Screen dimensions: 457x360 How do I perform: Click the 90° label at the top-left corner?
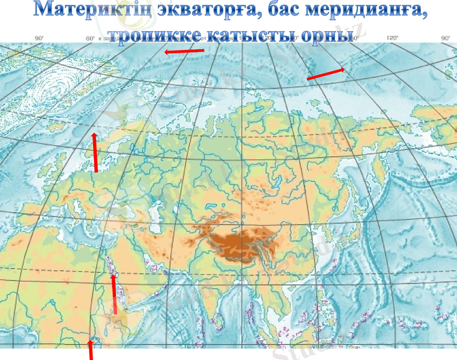[x=39, y=38]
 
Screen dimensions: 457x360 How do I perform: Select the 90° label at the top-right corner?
[x=446, y=38]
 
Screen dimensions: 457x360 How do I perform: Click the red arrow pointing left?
[x=185, y=52]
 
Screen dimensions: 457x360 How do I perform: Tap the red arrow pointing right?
[x=325, y=74]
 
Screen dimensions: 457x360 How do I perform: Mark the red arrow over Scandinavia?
[x=95, y=152]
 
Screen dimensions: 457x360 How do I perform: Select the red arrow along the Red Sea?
[x=114, y=293]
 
